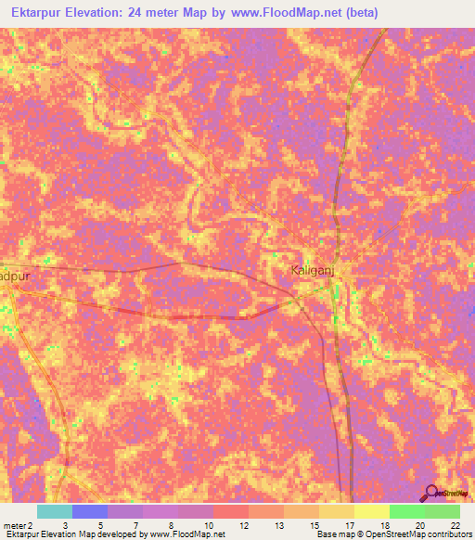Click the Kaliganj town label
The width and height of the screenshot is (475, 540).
click(306, 269)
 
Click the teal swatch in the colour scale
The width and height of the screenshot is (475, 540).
click(55, 511)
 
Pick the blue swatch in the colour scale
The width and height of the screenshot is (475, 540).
click(90, 511)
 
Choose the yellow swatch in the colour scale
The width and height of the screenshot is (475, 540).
click(372, 511)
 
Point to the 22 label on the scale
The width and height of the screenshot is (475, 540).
click(455, 525)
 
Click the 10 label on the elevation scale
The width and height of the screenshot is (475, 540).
click(208, 525)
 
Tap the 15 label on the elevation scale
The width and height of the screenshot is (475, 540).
click(314, 525)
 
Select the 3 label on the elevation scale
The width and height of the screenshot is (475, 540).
click(63, 525)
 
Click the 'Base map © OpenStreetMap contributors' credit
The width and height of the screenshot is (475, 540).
click(392, 534)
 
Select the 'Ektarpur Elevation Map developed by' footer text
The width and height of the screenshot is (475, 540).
click(74, 534)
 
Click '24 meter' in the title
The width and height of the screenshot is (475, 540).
click(180, 13)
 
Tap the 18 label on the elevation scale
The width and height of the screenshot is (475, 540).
click(384, 525)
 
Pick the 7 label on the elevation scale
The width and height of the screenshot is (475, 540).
click(137, 525)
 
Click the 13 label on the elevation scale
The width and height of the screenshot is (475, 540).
click(278, 525)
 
